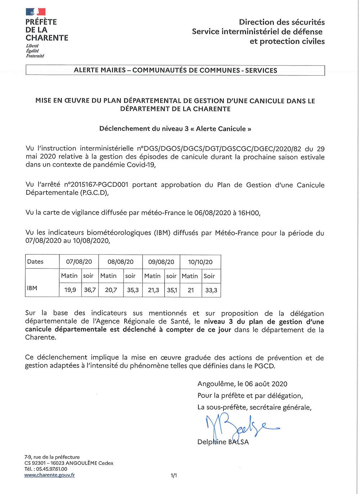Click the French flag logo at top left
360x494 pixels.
[x=35, y=12]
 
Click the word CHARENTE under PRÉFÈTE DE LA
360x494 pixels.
[x=47, y=38]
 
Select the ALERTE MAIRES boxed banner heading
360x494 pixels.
[x=175, y=70]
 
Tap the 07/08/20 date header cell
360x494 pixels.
[x=79, y=262]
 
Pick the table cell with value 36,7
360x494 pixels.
[x=90, y=290]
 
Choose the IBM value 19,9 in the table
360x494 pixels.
[x=70, y=290]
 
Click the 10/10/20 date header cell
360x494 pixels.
[x=200, y=262]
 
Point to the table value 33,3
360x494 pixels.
[x=211, y=290]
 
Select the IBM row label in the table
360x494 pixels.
[x=32, y=288]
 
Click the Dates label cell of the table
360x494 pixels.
[x=35, y=262]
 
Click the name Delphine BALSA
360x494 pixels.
[x=223, y=442]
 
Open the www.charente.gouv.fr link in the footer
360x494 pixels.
[x=50, y=475]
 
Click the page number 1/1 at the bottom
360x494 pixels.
[x=174, y=476]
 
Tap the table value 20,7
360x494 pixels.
[x=111, y=290]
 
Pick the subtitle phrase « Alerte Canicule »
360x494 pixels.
[x=221, y=129]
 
